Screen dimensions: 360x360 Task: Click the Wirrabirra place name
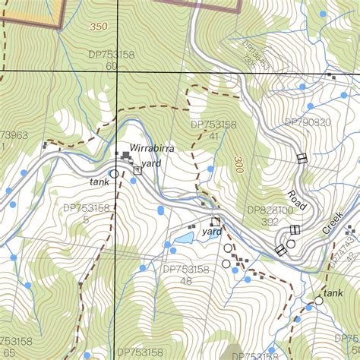pos(152,149)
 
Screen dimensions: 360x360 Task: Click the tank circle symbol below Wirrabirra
pos(114,174)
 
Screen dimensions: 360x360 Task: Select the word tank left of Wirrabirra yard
pos(99,182)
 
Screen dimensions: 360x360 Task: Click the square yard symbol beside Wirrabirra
pos(137,171)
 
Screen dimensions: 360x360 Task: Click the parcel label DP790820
pos(308,122)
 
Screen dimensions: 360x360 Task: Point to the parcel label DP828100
pos(270,210)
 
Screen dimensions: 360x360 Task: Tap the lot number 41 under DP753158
pos(215,136)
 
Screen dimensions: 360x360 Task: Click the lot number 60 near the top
pos(112,66)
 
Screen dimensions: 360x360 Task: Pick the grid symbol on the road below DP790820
pos(302,158)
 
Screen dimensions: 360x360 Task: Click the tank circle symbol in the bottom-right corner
pos(319,301)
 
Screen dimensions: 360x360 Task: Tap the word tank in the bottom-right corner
pos(333,292)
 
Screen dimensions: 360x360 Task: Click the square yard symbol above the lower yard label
pos(216,222)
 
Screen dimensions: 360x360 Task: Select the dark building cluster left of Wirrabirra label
pos(124,156)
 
